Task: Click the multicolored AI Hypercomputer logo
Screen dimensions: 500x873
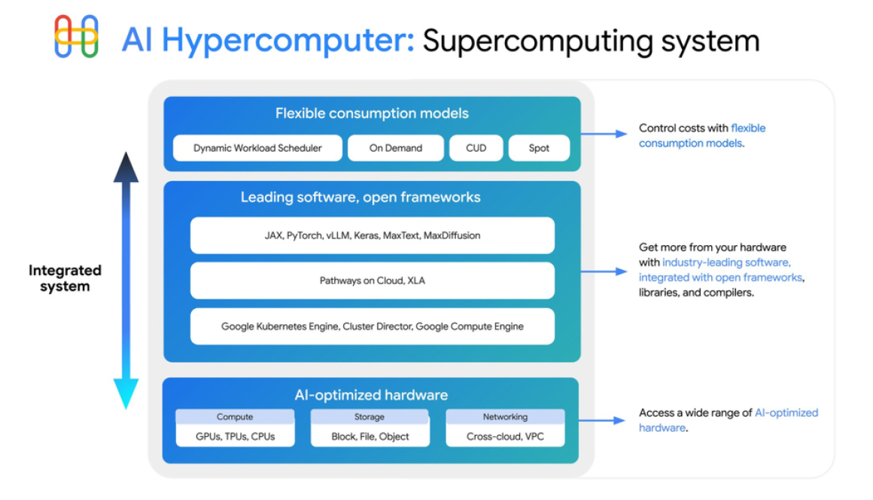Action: (76, 36)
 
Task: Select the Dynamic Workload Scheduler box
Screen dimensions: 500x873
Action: (257, 148)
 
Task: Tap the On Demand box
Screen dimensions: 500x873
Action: (396, 148)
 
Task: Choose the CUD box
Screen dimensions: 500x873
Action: (476, 148)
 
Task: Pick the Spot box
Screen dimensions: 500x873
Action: (539, 148)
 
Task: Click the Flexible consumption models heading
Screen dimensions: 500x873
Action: (372, 114)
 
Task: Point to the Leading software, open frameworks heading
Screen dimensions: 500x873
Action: (360, 198)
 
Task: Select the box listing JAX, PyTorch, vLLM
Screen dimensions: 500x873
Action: (372, 235)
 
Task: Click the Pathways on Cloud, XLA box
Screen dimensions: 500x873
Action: (372, 280)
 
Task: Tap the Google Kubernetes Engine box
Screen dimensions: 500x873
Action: (372, 326)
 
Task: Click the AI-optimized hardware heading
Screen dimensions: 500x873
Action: (371, 395)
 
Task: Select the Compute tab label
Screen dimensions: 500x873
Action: (235, 417)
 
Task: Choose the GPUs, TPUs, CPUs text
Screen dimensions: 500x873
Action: (235, 436)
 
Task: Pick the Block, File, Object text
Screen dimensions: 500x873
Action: (370, 436)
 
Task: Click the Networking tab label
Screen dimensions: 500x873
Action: (505, 417)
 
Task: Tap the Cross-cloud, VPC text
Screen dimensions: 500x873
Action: (505, 436)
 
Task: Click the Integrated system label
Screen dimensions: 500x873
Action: (65, 278)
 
